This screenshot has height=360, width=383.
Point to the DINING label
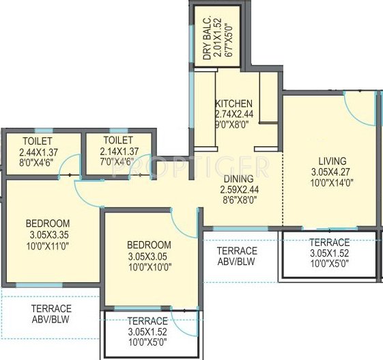tap(234, 178)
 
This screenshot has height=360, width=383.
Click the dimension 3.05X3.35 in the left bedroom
tap(48, 235)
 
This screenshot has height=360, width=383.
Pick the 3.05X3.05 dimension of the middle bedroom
tap(148, 257)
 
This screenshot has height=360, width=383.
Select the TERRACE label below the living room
tap(329, 243)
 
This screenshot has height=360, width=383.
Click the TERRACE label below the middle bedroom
tap(147, 321)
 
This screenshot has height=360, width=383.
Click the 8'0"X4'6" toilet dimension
tap(33, 163)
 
